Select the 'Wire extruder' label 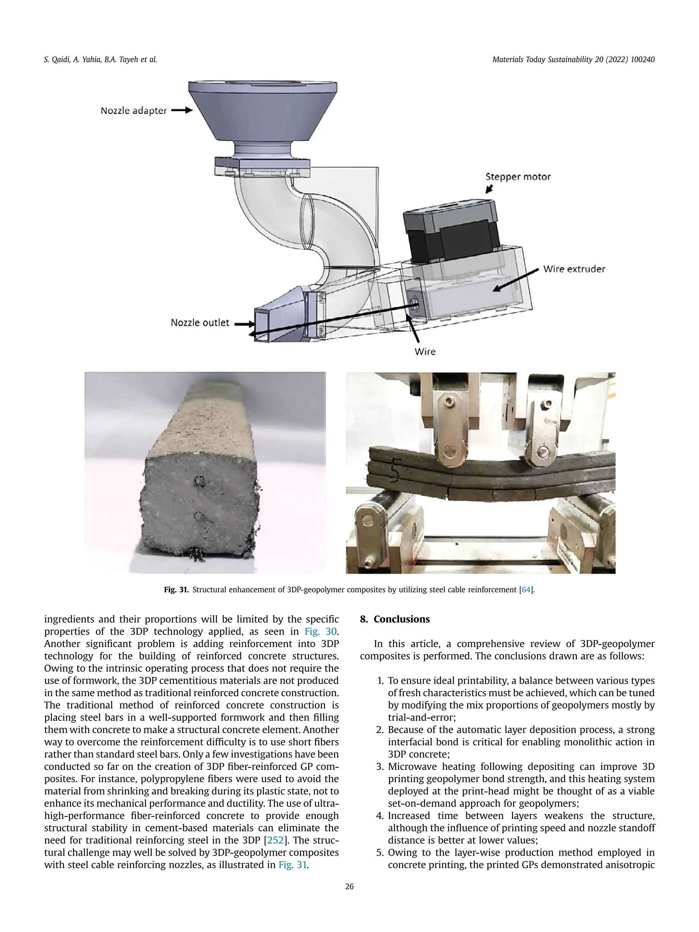(574, 269)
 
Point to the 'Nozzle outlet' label (200, 323)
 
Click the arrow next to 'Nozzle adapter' (182, 110)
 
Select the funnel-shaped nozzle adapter (262, 112)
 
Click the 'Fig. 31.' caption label (176, 589)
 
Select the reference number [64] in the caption (526, 589)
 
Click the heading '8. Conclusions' (395, 619)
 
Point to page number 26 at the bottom (349, 887)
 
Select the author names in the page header (100, 59)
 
